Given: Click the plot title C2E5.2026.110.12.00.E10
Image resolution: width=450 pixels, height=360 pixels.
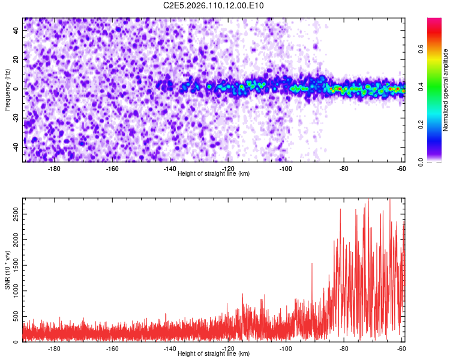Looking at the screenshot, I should click(214, 6).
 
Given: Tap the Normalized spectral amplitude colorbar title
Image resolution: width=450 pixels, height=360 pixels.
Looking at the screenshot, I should click(446, 90).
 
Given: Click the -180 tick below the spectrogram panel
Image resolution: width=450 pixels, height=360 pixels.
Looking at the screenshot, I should click(54, 169).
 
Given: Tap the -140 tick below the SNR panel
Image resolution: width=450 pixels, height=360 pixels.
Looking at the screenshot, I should click(170, 349).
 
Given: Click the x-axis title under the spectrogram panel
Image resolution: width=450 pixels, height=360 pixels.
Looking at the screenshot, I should click(214, 173).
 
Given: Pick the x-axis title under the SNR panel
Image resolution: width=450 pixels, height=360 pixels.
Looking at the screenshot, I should click(214, 354).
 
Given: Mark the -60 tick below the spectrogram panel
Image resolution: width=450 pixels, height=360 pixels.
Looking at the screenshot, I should click(401, 169).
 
